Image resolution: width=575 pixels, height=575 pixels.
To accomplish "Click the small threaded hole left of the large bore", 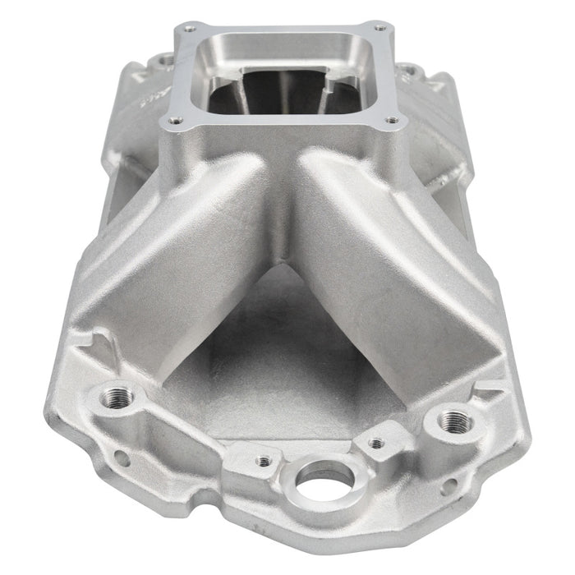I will [264, 462].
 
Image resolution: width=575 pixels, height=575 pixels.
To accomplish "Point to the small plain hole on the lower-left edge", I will [121, 458].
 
